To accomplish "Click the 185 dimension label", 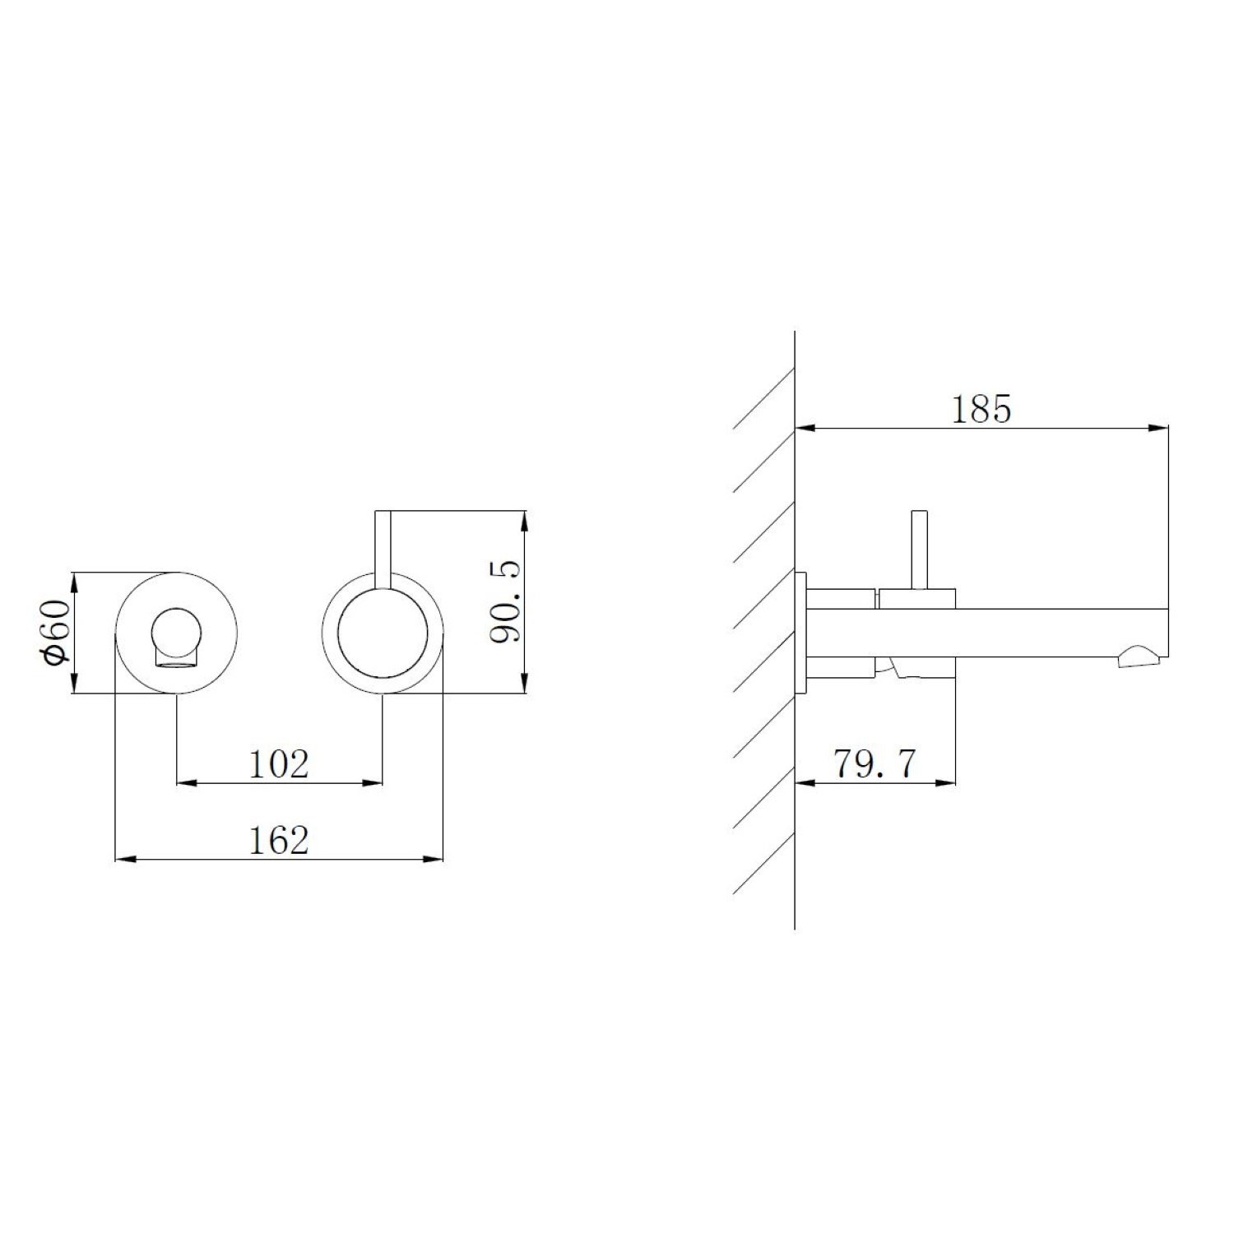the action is (x=981, y=409).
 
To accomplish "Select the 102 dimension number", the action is (x=279, y=764).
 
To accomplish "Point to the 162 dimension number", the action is (x=279, y=840).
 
